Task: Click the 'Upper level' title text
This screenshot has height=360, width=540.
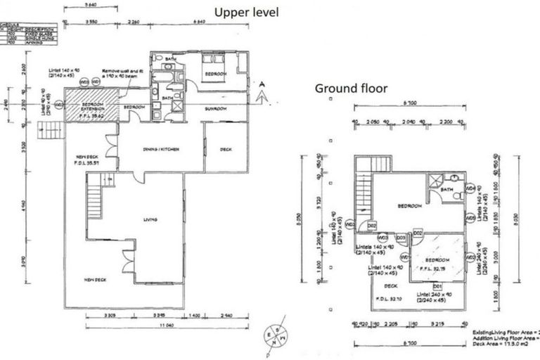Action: coord(246,12)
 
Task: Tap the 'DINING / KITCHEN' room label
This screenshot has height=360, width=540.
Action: coord(160,149)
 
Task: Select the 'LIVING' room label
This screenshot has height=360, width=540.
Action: coord(149,219)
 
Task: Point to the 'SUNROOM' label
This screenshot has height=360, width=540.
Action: coord(217,109)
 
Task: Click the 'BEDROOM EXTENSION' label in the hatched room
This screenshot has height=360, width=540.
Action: coord(93,107)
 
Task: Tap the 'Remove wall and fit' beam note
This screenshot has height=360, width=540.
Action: coord(122,70)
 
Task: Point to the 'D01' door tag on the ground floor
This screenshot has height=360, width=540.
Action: coord(437,286)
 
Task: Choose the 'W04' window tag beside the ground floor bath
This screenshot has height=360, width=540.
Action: coord(470,188)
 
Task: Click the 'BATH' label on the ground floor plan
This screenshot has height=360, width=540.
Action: coord(446,190)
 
